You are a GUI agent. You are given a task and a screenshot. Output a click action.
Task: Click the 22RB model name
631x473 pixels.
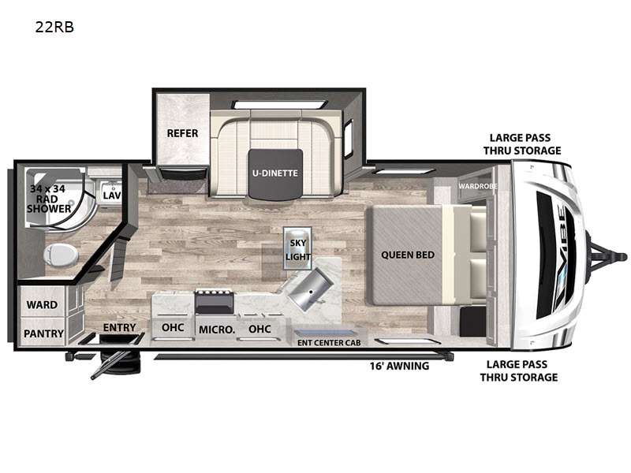pyautogui.click(x=54, y=27)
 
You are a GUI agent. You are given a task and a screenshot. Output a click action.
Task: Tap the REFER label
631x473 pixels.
pyautogui.click(x=182, y=133)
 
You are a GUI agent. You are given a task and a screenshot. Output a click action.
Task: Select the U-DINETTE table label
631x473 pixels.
pyautogui.click(x=275, y=173)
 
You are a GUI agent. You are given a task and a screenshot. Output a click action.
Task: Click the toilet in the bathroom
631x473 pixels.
pyautogui.click(x=61, y=255)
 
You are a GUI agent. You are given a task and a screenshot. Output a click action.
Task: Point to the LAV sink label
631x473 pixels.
pyautogui.click(x=111, y=196)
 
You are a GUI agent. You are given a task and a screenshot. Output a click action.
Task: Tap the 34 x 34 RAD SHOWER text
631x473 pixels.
pyautogui.click(x=48, y=199)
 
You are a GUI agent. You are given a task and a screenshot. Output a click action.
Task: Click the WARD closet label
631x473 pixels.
pyautogui.click(x=42, y=305)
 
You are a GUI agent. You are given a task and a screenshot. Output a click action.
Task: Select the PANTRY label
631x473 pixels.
pyautogui.click(x=43, y=333)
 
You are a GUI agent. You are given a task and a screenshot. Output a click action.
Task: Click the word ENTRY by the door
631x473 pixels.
pyautogui.click(x=120, y=328)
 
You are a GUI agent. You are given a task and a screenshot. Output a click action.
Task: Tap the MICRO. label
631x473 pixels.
pyautogui.click(x=217, y=330)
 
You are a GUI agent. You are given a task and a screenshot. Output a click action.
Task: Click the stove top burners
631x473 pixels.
pyautogui.click(x=215, y=293)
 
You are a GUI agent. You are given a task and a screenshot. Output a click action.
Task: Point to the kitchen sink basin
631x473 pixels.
pyautogui.click(x=311, y=289)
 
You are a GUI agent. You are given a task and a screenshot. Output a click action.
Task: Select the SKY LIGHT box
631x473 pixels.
pyautogui.click(x=298, y=249)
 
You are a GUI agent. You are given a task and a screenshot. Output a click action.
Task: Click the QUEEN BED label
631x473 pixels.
pyautogui.click(x=408, y=255)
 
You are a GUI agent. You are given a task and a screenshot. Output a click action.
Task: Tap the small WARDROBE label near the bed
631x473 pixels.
pyautogui.click(x=478, y=186)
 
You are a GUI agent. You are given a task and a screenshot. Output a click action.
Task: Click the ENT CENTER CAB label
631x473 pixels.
pyautogui.click(x=329, y=343)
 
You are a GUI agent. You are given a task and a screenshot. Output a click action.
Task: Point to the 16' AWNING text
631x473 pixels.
pyautogui.click(x=399, y=366)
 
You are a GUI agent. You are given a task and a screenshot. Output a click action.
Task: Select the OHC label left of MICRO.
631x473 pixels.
pyautogui.click(x=173, y=328)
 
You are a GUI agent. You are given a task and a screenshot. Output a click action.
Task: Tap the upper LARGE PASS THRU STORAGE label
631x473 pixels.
pyautogui.click(x=522, y=144)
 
